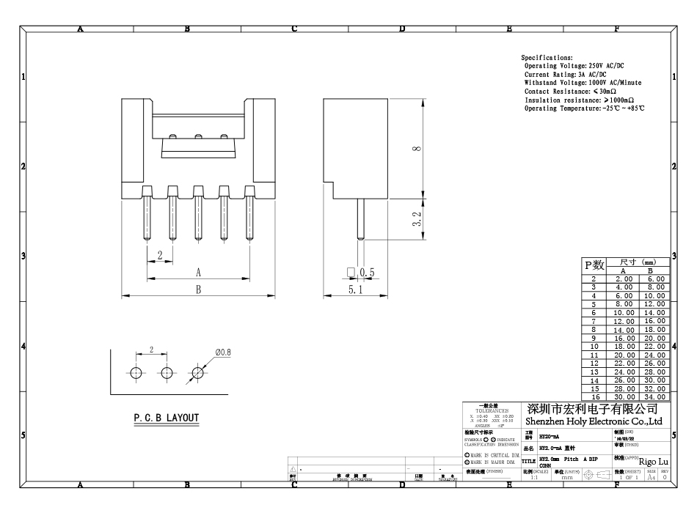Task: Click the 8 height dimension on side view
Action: click(417, 149)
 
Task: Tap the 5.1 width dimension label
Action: click(355, 291)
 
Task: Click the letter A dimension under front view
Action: click(197, 272)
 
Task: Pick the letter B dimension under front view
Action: click(197, 289)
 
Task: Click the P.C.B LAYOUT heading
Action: click(166, 418)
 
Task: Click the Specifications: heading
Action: click(547, 57)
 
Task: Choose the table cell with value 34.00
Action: click(655, 396)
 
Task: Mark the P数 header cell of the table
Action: click(594, 265)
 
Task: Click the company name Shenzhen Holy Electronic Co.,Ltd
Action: click(594, 421)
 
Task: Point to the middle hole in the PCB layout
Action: click(167, 372)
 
